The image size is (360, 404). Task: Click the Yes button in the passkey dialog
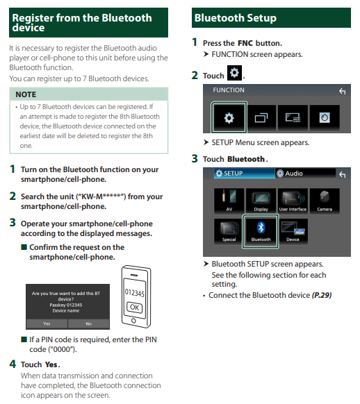[47, 323]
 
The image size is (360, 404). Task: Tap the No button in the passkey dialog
[89, 323]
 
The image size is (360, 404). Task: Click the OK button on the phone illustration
[134, 307]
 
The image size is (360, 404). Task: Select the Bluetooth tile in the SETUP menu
[261, 231]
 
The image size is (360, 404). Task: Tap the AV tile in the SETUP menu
[229, 201]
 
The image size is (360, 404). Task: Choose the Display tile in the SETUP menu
[261, 201]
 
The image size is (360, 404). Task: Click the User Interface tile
[293, 201]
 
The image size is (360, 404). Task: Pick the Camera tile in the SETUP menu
[325, 201]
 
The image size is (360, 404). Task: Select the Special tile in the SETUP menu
[229, 231]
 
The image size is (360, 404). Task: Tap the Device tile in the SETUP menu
[293, 231]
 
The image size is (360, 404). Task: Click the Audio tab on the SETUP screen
[305, 174]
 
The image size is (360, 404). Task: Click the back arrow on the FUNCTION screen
[342, 91]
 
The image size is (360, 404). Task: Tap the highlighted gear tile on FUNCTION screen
[229, 117]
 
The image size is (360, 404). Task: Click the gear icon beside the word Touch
[234, 73]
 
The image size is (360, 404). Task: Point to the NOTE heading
[26, 94]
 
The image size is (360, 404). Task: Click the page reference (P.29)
[322, 295]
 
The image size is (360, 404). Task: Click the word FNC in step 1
[245, 43]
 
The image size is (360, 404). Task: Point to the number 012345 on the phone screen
[134, 293]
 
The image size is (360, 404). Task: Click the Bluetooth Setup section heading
[235, 18]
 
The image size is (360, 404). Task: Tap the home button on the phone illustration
[133, 321]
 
